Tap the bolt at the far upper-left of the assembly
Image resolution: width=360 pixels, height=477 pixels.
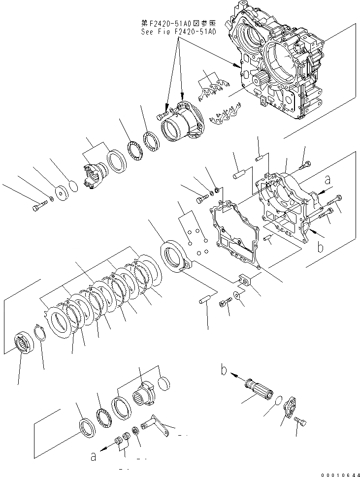click(x=37, y=208)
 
